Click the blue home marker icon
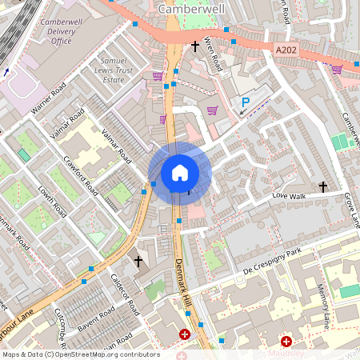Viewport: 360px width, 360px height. coord(179,173)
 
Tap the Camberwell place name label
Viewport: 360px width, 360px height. coord(193,8)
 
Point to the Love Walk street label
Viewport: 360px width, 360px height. coord(290,195)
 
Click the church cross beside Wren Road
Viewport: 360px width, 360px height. coord(194,47)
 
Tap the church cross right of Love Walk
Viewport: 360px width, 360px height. coord(323,187)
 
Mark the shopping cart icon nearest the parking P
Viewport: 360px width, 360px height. coord(212,110)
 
